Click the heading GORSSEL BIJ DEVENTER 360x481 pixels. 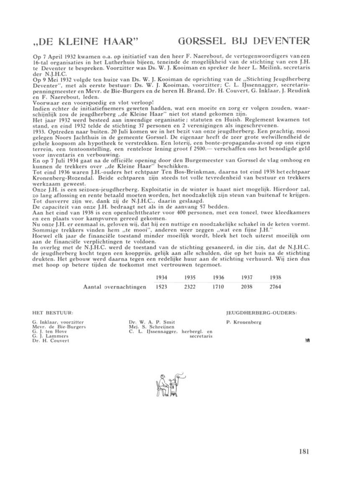(x=244, y=41)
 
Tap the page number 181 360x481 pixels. (x=304, y=451)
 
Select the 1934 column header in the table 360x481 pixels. (x=162, y=277)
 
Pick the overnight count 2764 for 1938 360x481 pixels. (x=275, y=287)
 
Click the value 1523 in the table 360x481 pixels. (x=162, y=287)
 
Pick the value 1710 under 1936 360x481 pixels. (x=218, y=287)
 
